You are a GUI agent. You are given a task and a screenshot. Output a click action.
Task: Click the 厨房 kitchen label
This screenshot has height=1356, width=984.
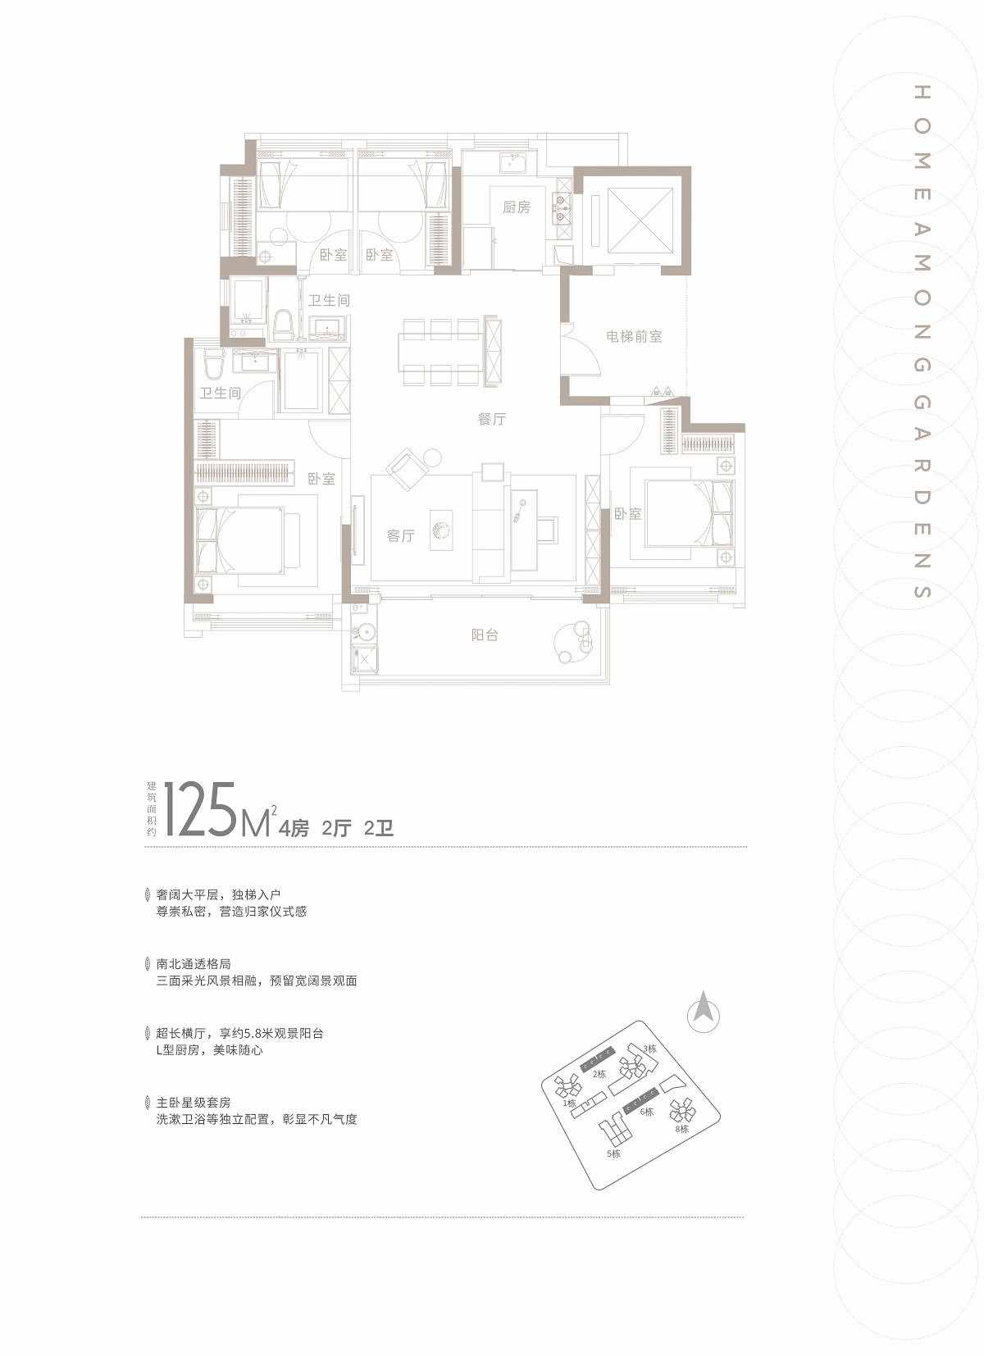516,207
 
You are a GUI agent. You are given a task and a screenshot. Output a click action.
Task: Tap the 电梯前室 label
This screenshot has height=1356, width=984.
634,337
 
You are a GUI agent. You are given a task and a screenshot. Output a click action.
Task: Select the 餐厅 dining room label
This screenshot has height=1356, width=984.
491,419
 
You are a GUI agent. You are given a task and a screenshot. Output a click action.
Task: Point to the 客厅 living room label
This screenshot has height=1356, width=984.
401,535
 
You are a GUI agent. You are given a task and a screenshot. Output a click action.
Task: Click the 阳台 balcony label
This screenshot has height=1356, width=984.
485,635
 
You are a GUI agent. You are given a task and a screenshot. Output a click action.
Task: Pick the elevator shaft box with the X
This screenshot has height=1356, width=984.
640,221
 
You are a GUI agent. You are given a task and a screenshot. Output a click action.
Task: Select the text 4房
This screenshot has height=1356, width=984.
294,827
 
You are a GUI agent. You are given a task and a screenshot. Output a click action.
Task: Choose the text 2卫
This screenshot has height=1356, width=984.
379,827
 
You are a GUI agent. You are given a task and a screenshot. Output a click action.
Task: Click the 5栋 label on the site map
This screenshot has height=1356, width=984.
613,1154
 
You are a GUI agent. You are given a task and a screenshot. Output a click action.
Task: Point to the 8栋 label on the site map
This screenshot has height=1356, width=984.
682,1128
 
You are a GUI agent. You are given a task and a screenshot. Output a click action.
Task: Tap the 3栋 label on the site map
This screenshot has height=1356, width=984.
649,1049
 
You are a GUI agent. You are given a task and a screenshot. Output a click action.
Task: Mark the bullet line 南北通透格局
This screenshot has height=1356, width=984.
194,963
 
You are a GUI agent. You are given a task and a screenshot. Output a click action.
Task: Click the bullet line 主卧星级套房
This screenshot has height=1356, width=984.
194,1103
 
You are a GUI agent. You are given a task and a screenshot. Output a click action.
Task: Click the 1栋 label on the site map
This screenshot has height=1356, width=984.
570,1103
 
